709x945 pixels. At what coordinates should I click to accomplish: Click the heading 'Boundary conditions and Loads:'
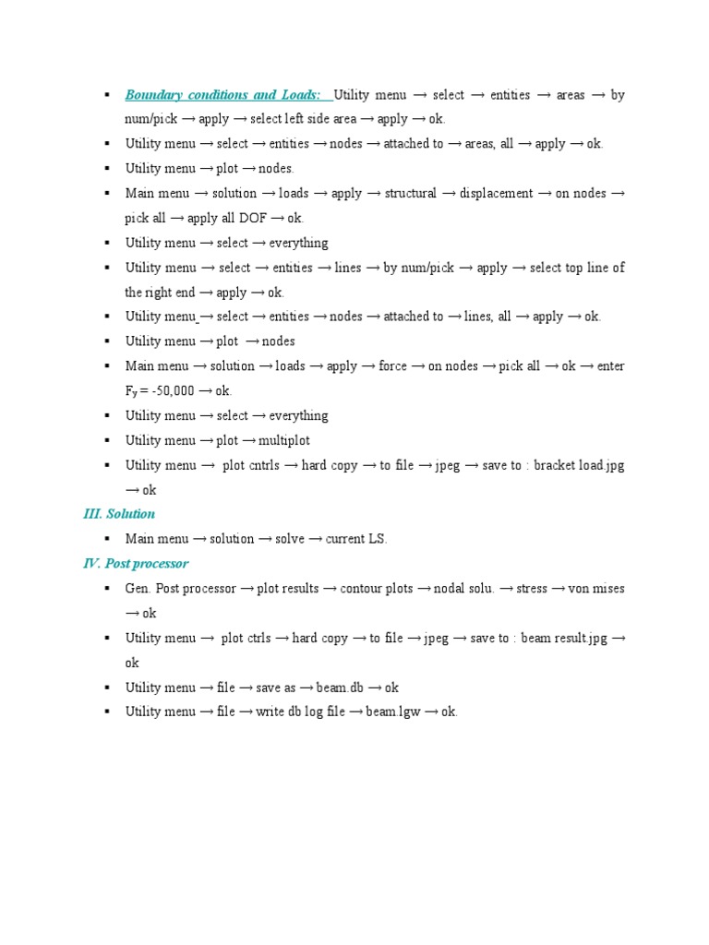pyautogui.click(x=222, y=95)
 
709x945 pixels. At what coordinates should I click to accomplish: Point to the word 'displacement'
pyautogui.click(x=498, y=194)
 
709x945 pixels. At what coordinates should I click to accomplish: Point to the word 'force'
pyautogui.click(x=392, y=366)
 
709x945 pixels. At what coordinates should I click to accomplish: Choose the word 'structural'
pyautogui.click(x=410, y=194)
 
